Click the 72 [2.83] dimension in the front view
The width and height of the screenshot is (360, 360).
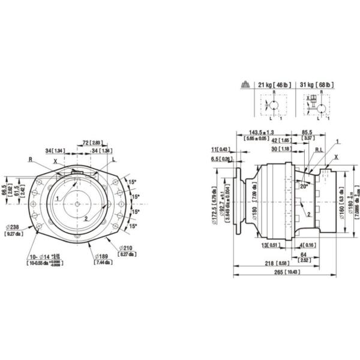click(91, 142)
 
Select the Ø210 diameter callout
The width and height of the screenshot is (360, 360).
click(126, 248)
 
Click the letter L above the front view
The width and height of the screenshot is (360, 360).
click(114, 160)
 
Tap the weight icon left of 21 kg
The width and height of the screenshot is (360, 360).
click(245, 86)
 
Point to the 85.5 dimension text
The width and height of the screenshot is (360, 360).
click(307, 132)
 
